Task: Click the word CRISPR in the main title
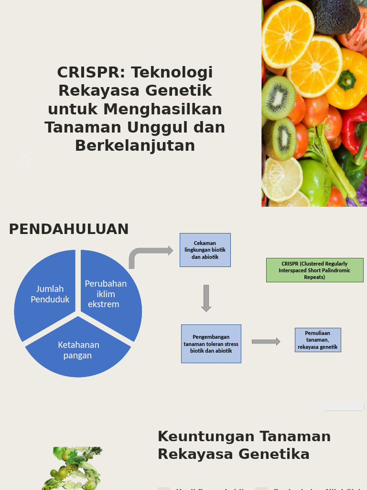[90, 72]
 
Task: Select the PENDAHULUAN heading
[69, 229]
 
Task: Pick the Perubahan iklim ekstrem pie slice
[109, 293]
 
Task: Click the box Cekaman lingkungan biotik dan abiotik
[205, 250]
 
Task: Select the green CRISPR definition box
[314, 270]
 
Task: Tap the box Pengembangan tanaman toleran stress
[211, 344]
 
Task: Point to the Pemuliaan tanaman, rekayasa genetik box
[318, 340]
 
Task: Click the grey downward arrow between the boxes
[206, 298]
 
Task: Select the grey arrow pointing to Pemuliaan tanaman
[266, 341]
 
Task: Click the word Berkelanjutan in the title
[135, 145]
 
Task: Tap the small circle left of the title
[24, 160]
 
